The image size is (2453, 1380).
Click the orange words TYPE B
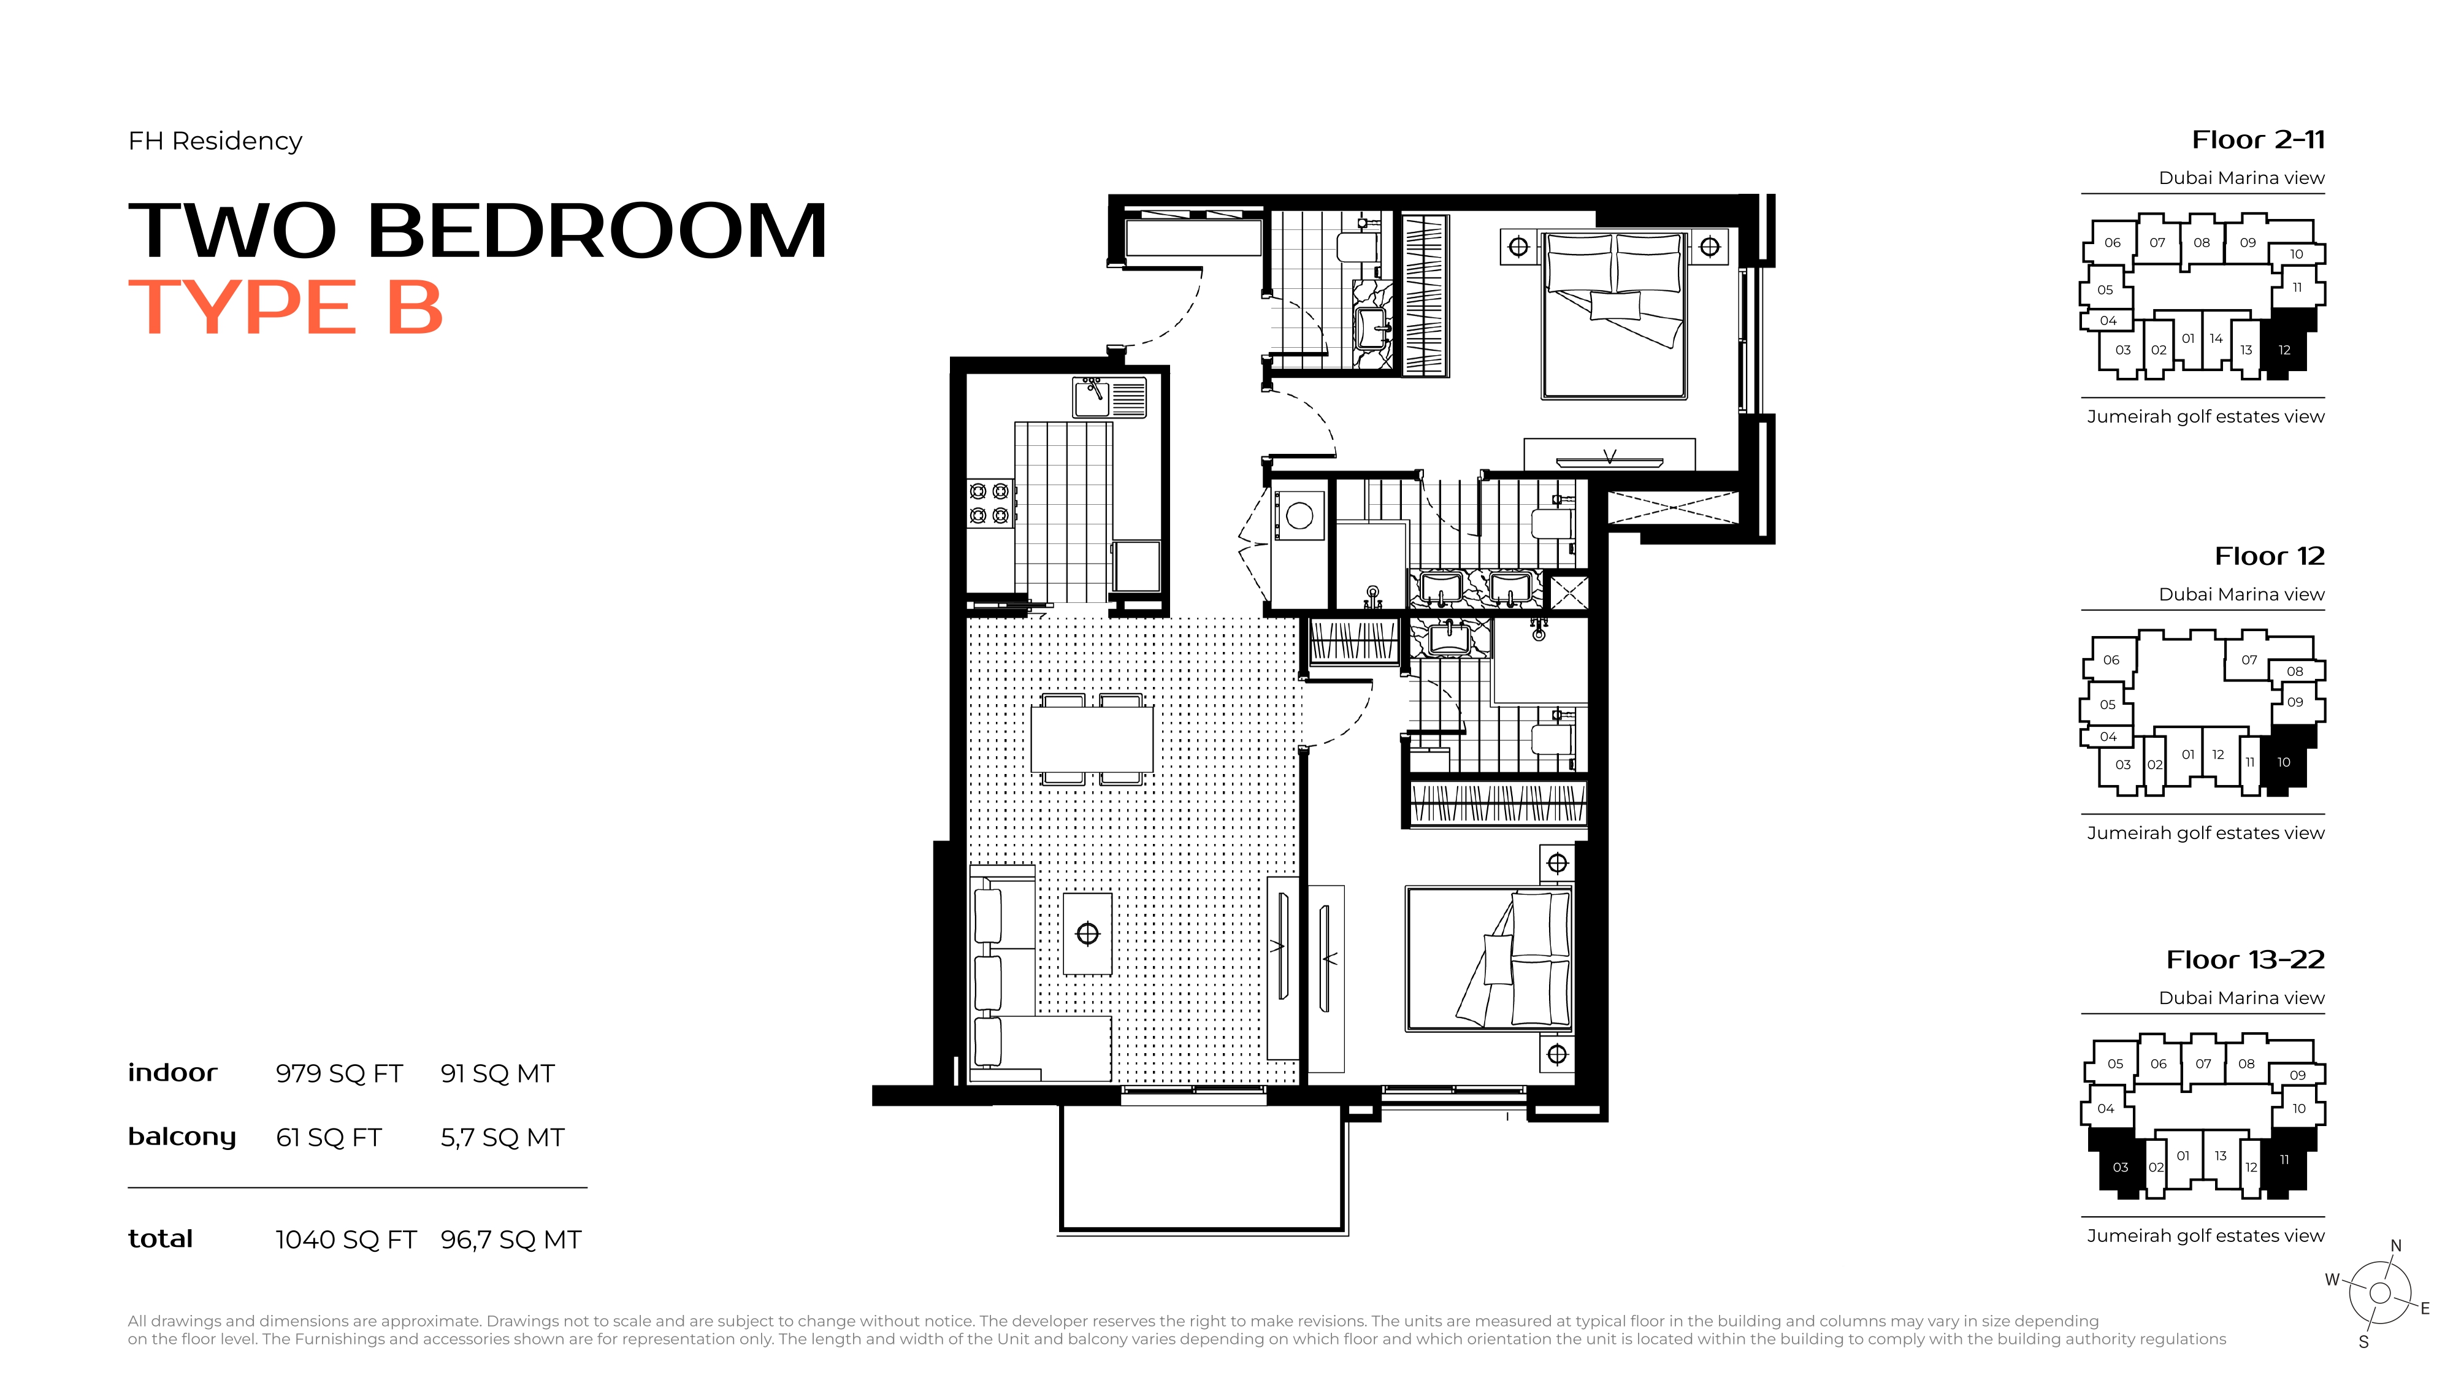[286, 308]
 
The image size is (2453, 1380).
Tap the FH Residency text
[215, 141]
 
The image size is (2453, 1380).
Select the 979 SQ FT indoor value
[339, 1073]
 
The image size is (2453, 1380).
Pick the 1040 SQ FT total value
[346, 1239]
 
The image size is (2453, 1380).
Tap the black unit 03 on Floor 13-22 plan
[2121, 1165]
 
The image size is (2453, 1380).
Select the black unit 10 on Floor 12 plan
[2284, 760]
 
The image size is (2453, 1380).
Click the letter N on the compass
[2396, 1246]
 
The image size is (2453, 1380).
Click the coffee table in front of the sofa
[1087, 933]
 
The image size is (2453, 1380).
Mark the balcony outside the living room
[1202, 1168]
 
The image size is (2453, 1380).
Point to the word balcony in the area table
[182, 1137]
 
